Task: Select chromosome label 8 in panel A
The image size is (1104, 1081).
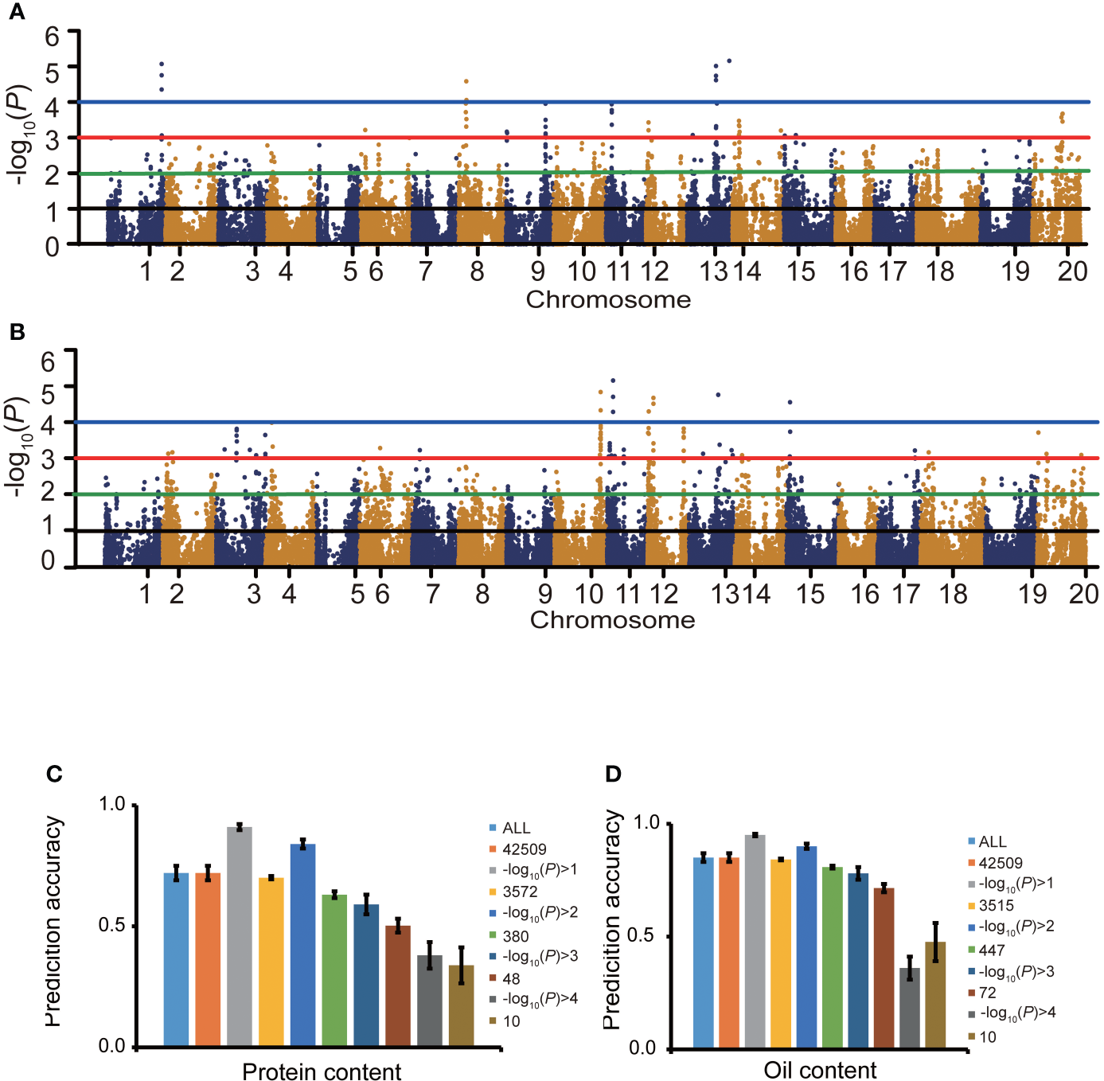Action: tap(477, 271)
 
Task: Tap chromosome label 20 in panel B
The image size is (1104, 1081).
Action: tap(1083, 594)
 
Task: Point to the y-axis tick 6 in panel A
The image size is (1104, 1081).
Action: tap(53, 37)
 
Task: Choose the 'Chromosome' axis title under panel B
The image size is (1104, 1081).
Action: tap(612, 620)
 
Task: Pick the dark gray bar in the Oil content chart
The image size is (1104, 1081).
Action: tap(910, 1007)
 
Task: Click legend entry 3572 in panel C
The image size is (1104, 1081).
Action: tap(519, 892)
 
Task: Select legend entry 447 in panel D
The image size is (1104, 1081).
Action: tap(991, 950)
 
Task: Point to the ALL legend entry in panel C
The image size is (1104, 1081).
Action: tap(516, 828)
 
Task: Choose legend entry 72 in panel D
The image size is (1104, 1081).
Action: tap(987, 993)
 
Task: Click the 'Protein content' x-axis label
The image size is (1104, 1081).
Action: tap(322, 1071)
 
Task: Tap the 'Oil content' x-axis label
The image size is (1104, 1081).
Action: tap(820, 1070)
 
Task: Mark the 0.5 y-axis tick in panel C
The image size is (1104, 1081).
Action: tap(111, 925)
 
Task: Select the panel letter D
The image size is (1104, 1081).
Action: tap(613, 774)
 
